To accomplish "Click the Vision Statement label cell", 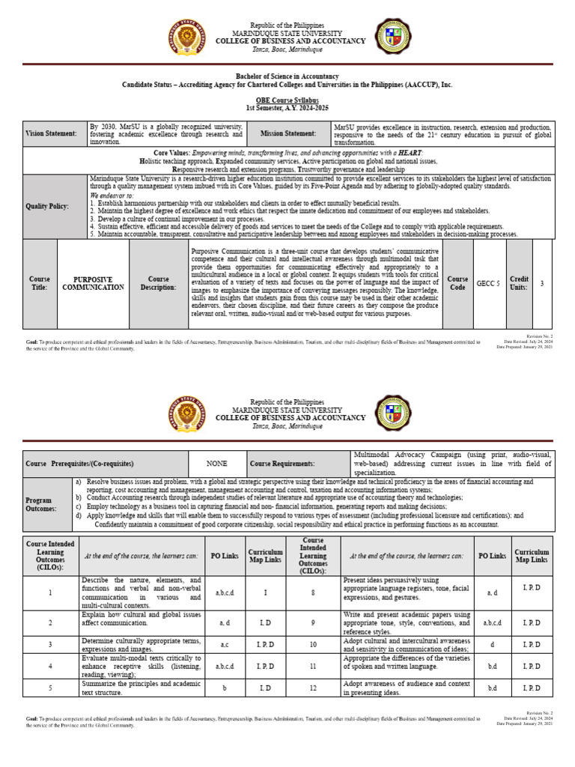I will pyautogui.click(x=52, y=133).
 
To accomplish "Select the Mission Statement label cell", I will pyautogui.click(x=288, y=133).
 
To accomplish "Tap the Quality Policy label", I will pyautogui.click(x=47, y=206).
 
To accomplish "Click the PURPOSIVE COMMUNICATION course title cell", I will pyautogui.click(x=93, y=283).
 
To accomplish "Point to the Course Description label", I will pyautogui.click(x=158, y=283).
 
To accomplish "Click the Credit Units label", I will pyautogui.click(x=519, y=283).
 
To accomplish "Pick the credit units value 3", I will pyautogui.click(x=542, y=283).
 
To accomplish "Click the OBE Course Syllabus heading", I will pyautogui.click(x=287, y=100).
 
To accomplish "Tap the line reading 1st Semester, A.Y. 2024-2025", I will pyautogui.click(x=287, y=109).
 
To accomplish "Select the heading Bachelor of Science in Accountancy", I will pyautogui.click(x=287, y=76).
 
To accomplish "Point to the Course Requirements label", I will pyautogui.click(x=282, y=464).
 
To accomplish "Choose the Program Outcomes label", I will pyautogui.click(x=39, y=504).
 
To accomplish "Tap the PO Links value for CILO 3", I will pyautogui.click(x=225, y=644).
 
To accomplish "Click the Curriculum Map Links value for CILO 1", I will pyautogui.click(x=266, y=592).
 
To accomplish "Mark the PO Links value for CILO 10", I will pyautogui.click(x=493, y=644).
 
